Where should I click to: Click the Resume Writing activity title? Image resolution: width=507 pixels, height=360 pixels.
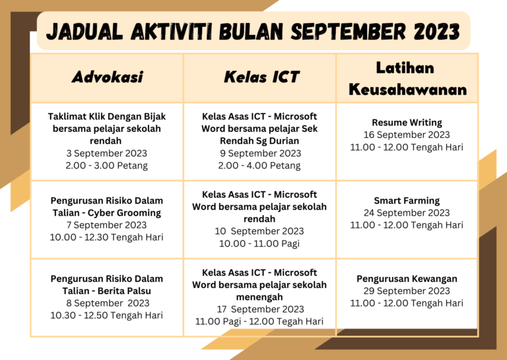(x=407, y=122)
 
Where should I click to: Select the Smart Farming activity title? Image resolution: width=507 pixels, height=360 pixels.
(x=407, y=200)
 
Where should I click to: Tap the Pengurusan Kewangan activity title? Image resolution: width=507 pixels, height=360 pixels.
(x=407, y=278)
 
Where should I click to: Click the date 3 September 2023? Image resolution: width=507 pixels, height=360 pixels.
(x=106, y=153)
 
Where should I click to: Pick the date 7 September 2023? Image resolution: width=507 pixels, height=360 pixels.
(x=106, y=225)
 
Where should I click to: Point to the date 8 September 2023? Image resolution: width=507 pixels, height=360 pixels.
(x=106, y=303)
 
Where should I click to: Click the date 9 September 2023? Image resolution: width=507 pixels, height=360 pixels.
(x=259, y=153)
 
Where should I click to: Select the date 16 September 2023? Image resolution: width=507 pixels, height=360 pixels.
(x=407, y=135)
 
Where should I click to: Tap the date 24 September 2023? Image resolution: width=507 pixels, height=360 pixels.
(x=407, y=213)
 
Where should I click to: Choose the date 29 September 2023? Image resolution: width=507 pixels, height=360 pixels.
(x=407, y=291)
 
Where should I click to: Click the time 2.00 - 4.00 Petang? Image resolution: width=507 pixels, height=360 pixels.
(x=259, y=166)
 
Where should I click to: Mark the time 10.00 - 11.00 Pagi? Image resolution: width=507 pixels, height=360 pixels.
(x=259, y=244)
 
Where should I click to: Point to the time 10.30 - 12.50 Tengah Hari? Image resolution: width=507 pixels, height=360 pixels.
(x=106, y=315)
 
